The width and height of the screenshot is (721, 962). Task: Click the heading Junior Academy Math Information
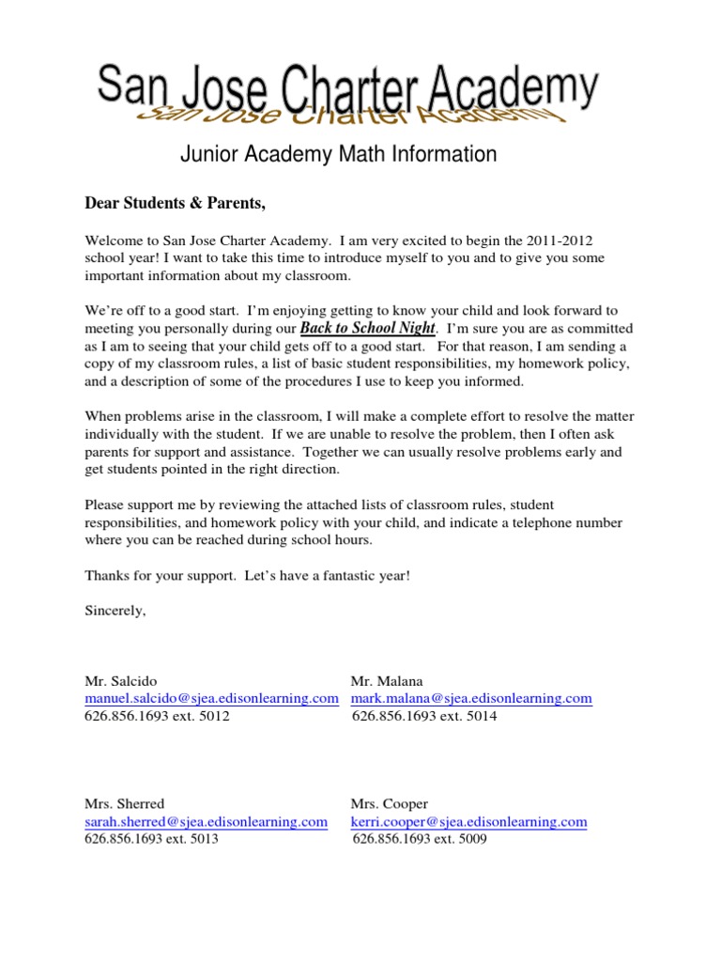[338, 154]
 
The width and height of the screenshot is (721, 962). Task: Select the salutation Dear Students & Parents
[169, 203]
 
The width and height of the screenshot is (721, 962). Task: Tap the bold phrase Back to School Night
[368, 328]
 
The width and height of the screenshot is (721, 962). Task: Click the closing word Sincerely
[115, 610]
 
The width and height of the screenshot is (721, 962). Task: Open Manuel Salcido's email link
[211, 698]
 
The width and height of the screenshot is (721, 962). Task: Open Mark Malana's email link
[471, 698]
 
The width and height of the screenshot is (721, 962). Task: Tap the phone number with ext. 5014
[424, 716]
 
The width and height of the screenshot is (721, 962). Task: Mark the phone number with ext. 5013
[151, 839]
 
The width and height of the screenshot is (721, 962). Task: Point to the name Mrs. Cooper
[390, 803]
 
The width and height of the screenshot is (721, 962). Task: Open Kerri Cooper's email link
[468, 821]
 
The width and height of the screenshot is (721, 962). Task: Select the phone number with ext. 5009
[420, 839]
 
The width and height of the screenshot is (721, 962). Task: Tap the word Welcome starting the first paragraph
[111, 240]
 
